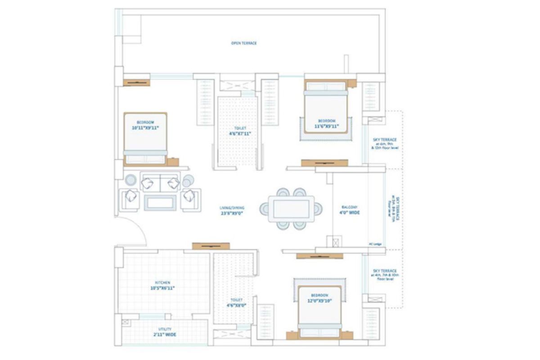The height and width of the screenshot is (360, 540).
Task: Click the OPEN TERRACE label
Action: click(243, 43)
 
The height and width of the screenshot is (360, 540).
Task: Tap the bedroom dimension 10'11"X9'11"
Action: click(145, 128)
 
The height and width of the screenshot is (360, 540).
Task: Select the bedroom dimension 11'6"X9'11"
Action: click(326, 126)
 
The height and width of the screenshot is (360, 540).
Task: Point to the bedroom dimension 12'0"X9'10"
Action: click(319, 301)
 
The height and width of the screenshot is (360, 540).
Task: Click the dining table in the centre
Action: click(291, 209)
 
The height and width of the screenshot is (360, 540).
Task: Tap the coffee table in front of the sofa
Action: click(160, 202)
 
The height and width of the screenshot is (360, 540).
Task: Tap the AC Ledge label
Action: click(375, 244)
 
